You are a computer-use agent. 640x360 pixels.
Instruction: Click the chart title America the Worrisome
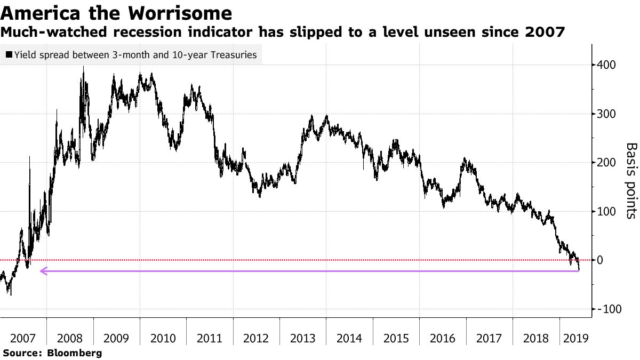click(116, 13)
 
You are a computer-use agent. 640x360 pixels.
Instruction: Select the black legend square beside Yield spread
click(9, 54)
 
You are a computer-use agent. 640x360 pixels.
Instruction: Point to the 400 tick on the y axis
click(607, 65)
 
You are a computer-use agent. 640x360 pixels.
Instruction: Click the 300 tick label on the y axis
click(607, 114)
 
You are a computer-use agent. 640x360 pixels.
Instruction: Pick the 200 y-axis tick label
click(607, 163)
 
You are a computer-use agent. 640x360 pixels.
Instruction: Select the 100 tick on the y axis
click(607, 212)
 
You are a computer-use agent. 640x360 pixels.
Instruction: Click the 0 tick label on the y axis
click(602, 260)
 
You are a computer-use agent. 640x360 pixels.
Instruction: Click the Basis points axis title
click(631, 180)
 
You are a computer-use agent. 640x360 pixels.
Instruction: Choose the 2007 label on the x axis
click(23, 338)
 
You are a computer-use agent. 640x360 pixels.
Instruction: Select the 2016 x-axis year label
click(442, 338)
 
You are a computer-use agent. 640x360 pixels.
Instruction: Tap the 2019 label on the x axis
click(575, 338)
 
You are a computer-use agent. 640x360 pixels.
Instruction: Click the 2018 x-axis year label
click(535, 338)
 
